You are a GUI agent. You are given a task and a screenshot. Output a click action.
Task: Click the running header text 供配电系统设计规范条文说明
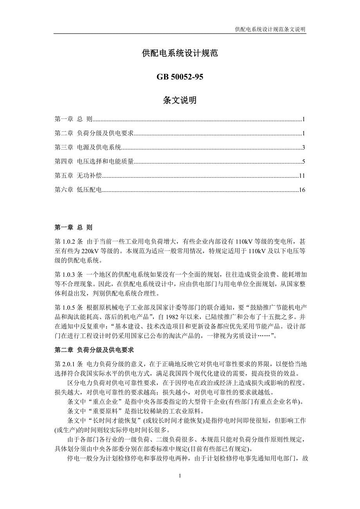click(x=270, y=29)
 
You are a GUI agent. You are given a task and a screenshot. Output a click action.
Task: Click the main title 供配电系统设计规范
click(x=180, y=54)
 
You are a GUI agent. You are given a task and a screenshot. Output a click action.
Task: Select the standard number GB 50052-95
click(x=180, y=77)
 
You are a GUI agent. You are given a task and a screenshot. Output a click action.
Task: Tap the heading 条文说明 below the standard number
click(x=180, y=100)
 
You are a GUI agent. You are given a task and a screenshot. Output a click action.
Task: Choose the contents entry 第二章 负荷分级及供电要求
click(x=94, y=134)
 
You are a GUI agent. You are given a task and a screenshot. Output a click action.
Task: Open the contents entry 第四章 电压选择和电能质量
click(x=94, y=162)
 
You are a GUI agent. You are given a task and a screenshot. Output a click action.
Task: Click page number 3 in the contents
click(x=303, y=148)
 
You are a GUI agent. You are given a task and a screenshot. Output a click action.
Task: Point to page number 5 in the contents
click(x=303, y=162)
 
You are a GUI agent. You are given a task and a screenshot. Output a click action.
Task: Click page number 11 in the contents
click(x=302, y=176)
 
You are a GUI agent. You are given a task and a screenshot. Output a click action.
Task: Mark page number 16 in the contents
click(x=302, y=190)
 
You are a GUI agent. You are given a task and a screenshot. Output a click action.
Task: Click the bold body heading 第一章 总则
click(x=74, y=227)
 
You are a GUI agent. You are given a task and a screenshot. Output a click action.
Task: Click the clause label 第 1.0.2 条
click(x=68, y=242)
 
